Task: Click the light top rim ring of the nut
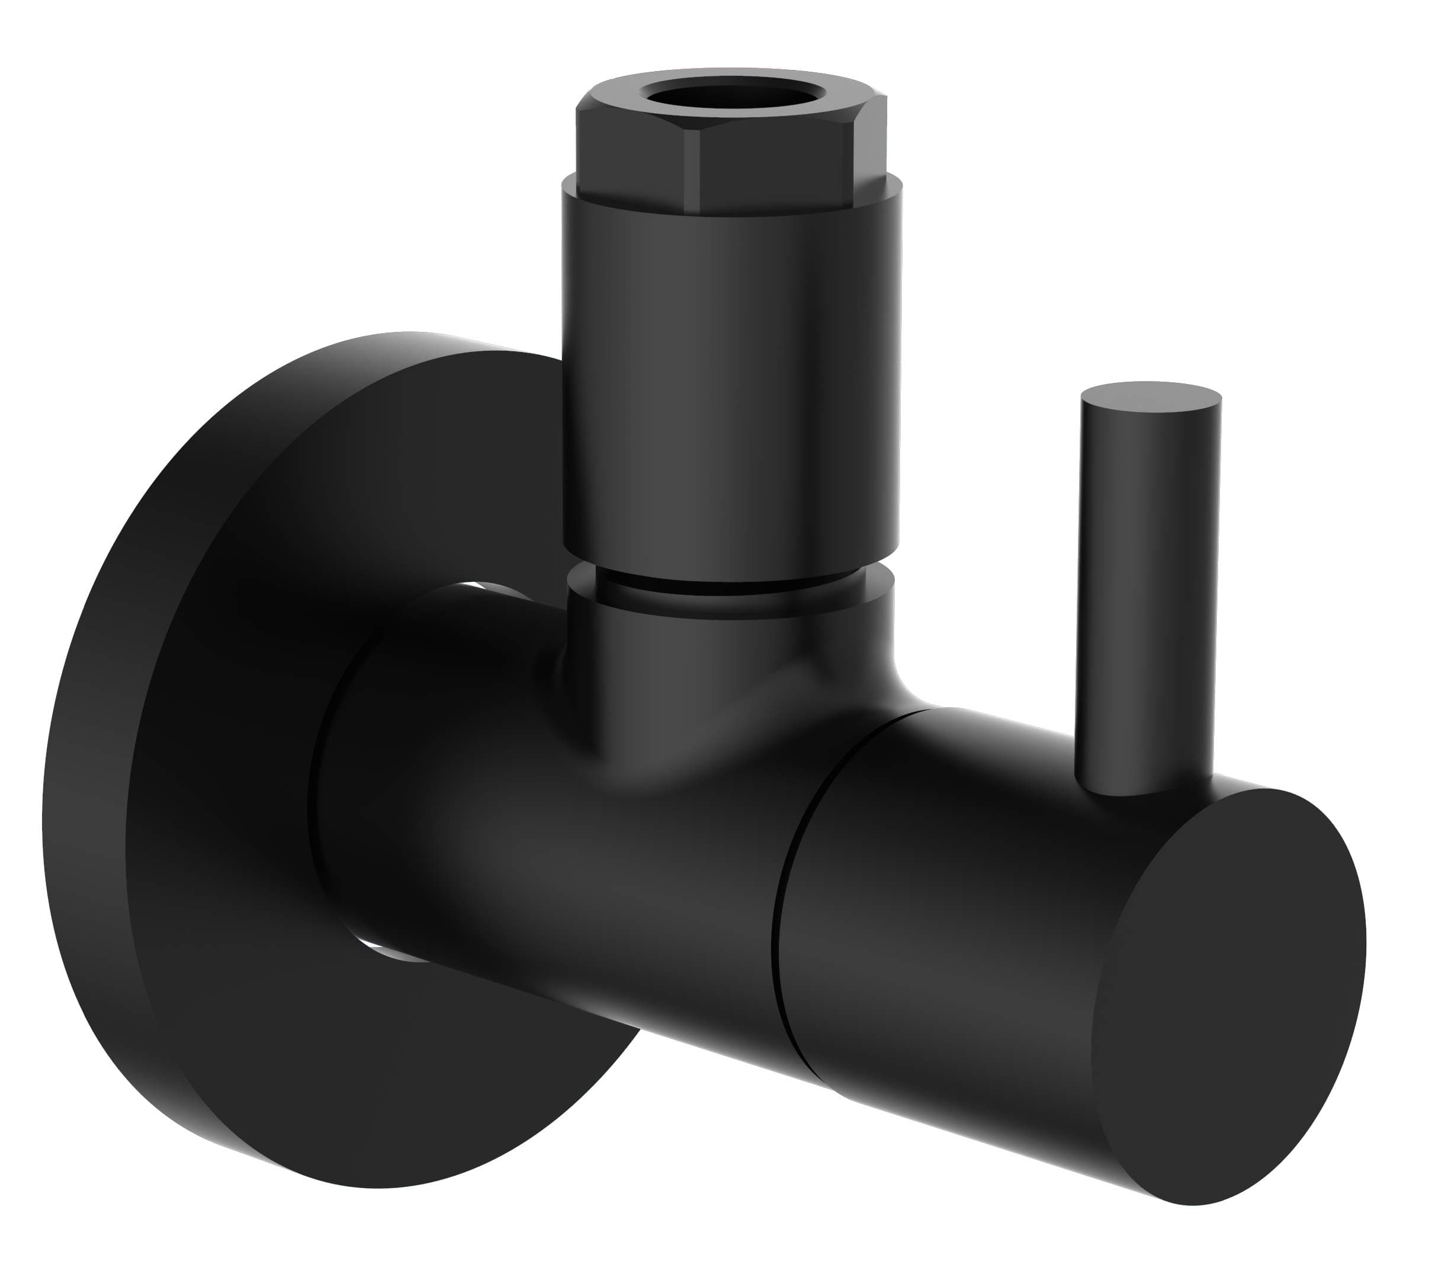click(x=731, y=75)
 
